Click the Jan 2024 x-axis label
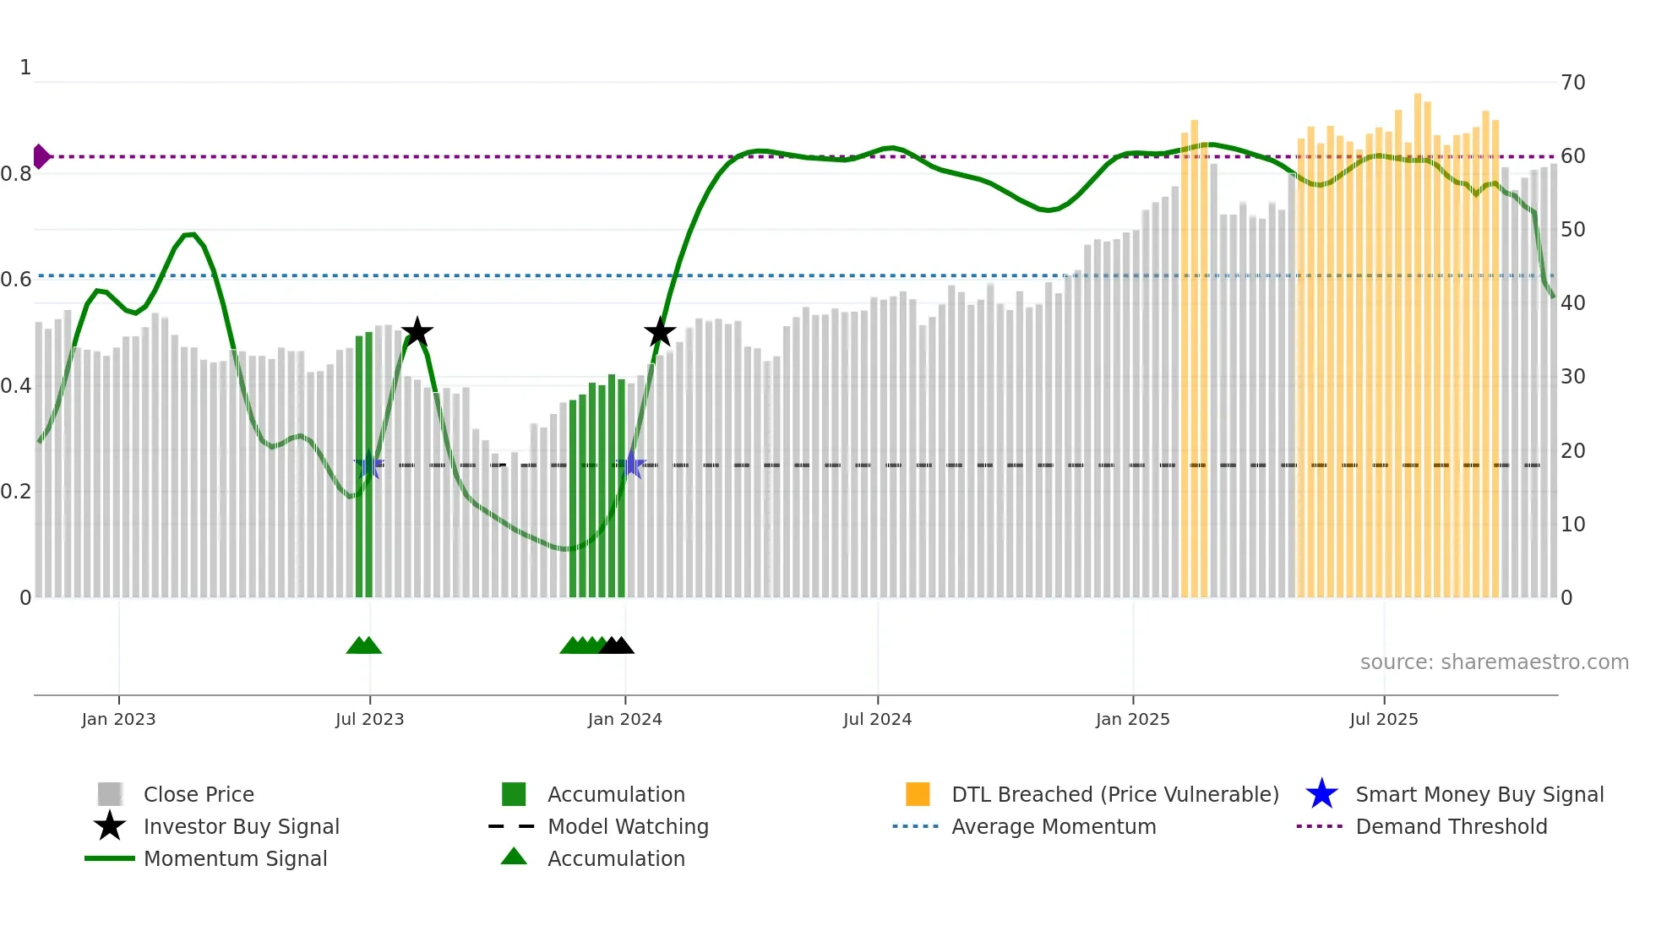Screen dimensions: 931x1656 (x=624, y=719)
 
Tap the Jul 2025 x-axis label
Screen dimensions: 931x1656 (x=1383, y=719)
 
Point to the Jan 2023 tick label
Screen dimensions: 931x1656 (x=118, y=719)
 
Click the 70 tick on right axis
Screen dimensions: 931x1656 (x=1572, y=83)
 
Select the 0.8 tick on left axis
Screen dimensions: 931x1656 (x=16, y=174)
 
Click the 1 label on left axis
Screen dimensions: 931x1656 (x=25, y=68)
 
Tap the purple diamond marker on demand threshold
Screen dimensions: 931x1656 (x=41, y=156)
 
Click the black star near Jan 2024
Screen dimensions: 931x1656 (x=659, y=332)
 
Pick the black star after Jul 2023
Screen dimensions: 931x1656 (x=417, y=332)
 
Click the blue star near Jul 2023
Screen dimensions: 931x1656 (x=368, y=465)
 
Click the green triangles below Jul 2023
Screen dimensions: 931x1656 (x=364, y=645)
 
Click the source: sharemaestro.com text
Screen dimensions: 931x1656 (x=1494, y=662)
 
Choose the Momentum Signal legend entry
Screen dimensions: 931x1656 (x=235, y=858)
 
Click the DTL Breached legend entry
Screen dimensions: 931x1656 (x=1114, y=794)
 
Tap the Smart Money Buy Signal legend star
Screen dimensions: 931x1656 (x=1321, y=794)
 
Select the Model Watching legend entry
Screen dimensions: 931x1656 (x=627, y=826)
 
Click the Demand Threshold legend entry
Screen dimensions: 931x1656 (x=1451, y=826)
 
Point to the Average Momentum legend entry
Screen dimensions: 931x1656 (x=1053, y=826)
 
